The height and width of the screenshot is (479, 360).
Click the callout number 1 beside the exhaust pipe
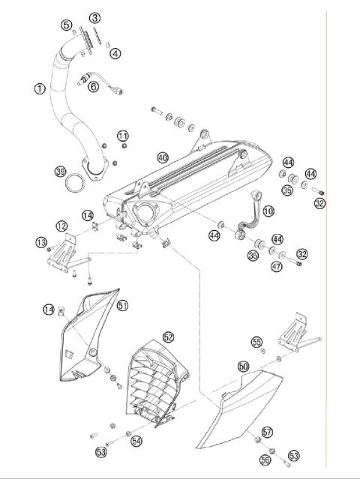pyautogui.click(x=39, y=88)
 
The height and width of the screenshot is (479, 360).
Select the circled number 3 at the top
pyautogui.click(x=94, y=17)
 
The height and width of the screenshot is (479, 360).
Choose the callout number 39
pyautogui.click(x=61, y=171)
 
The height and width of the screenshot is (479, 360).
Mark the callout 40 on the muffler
pyautogui.click(x=163, y=157)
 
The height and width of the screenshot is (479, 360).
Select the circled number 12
pyautogui.click(x=61, y=226)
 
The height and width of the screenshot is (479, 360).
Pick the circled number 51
pyautogui.click(x=122, y=305)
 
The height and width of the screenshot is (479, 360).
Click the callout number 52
pyautogui.click(x=168, y=338)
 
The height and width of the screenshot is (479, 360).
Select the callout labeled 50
pyautogui.click(x=243, y=367)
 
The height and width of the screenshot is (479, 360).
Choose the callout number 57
pyautogui.click(x=268, y=433)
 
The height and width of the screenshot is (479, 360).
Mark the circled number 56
pyautogui.click(x=264, y=460)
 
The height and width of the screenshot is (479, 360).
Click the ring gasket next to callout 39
pyautogui.click(x=75, y=184)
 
